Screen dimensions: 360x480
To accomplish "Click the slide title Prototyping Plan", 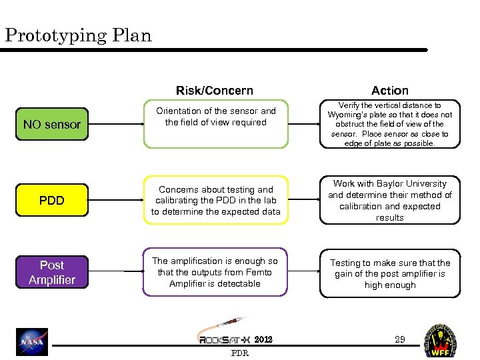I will click(x=78, y=35).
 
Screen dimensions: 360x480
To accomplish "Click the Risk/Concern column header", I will click(x=215, y=90).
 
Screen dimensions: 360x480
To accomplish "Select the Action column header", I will click(x=390, y=90).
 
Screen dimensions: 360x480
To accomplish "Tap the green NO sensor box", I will click(x=52, y=124).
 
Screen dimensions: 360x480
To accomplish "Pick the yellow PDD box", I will click(x=52, y=200).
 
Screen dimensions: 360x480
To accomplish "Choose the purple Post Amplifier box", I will click(x=52, y=273).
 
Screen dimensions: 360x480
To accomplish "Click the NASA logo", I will click(x=32, y=341).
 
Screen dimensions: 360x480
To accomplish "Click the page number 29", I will click(x=400, y=339).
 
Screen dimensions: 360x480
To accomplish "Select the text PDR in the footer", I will click(x=239, y=353).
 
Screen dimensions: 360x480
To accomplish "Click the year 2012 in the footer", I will click(x=264, y=339).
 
